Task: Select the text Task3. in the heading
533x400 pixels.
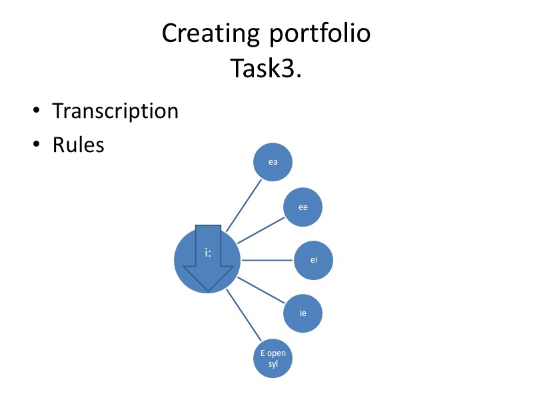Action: click(x=266, y=68)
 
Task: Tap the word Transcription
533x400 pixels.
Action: click(x=115, y=111)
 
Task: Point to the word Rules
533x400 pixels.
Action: click(x=79, y=144)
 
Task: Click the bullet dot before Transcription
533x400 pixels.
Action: click(x=37, y=111)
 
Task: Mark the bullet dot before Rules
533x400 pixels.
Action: click(x=37, y=145)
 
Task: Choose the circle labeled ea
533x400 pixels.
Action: click(x=272, y=161)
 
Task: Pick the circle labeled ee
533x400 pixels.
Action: click(x=303, y=207)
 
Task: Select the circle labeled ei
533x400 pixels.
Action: click(x=314, y=260)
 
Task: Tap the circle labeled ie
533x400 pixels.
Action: click(x=303, y=313)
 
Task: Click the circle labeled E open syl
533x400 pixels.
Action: click(x=272, y=358)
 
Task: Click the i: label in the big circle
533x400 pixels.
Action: click(x=208, y=253)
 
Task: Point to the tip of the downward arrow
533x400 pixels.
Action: click(x=209, y=291)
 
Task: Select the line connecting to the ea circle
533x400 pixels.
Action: click(x=244, y=205)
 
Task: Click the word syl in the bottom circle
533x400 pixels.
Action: click(x=272, y=364)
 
